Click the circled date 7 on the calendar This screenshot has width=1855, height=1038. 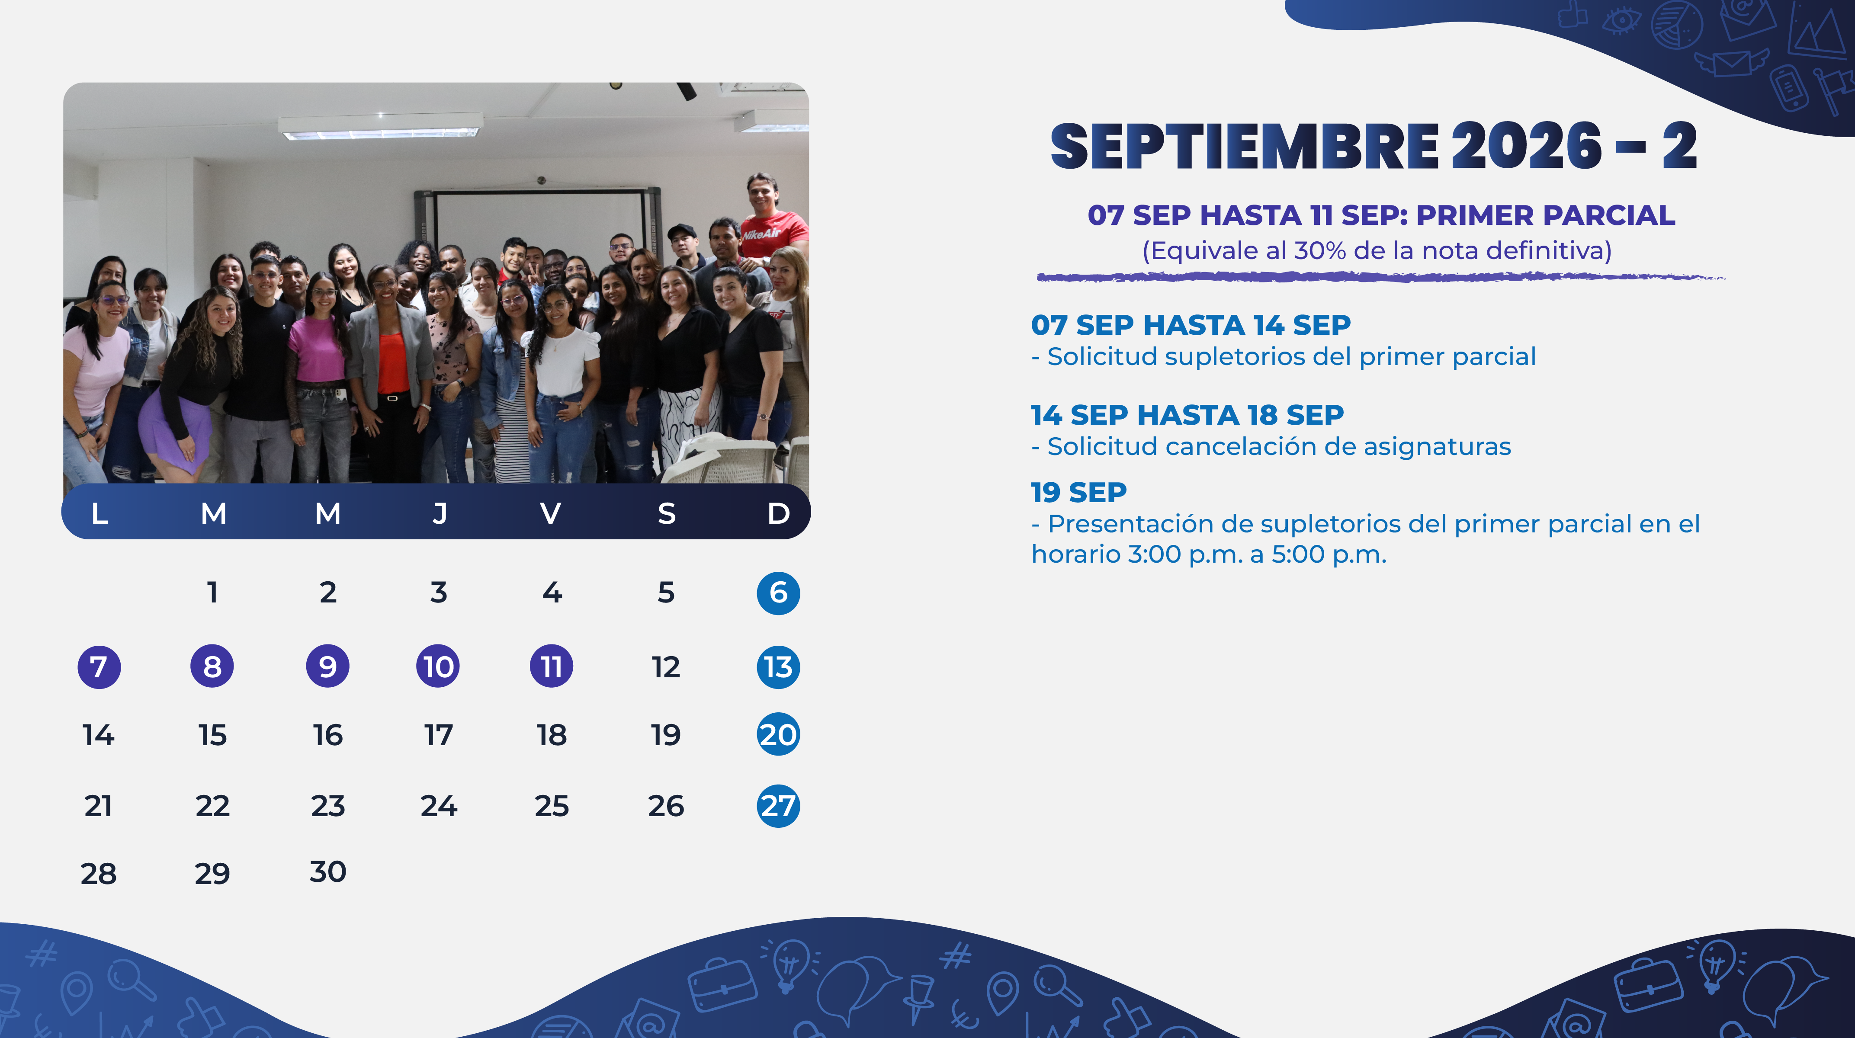coord(99,666)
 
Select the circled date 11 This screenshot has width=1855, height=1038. coord(552,666)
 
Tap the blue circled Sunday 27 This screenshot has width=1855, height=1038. coord(778,805)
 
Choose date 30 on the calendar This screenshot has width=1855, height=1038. coord(327,872)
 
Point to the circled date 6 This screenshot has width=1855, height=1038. coord(778,593)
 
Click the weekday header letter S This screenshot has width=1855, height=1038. coord(667,513)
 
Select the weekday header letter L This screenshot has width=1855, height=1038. coord(99,513)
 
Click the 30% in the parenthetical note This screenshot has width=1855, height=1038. coord(1320,250)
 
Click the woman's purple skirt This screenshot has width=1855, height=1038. coord(175,432)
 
